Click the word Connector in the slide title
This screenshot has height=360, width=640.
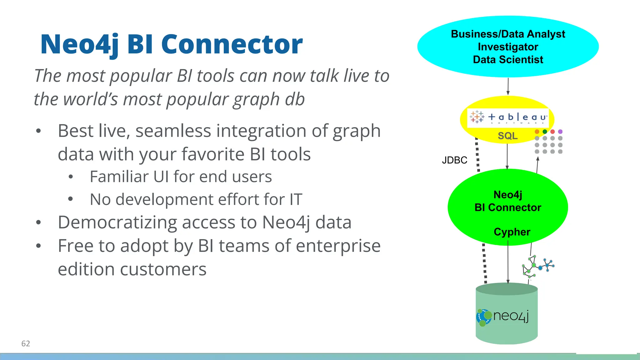tap(232, 44)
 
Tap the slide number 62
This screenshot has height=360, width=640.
tap(26, 343)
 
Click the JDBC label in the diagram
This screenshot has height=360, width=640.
tap(454, 160)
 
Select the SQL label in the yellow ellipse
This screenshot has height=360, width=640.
tap(507, 136)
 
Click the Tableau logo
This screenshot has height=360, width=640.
tap(508, 117)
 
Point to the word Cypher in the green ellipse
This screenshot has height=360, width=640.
tap(512, 232)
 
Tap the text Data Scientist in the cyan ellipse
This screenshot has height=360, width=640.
tap(508, 59)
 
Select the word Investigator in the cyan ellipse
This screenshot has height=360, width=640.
tap(508, 47)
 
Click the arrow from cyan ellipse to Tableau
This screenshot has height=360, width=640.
tap(508, 86)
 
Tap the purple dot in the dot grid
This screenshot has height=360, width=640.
tap(560, 132)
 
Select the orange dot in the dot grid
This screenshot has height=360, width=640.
tap(537, 132)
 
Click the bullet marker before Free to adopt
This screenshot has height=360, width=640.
tap(38, 246)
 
